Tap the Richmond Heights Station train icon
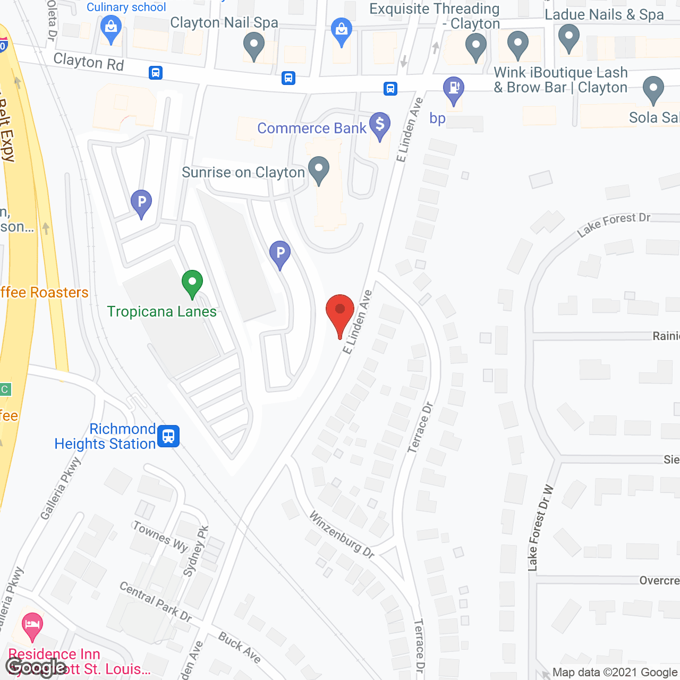(x=168, y=436)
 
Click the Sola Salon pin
(x=653, y=89)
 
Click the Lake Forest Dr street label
(x=614, y=224)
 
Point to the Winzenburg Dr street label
(x=342, y=534)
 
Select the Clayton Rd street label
(x=89, y=62)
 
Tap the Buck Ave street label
(x=240, y=648)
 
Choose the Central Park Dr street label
(x=156, y=601)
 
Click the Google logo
(x=36, y=667)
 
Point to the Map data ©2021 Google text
(x=615, y=673)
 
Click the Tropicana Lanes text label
(x=162, y=311)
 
